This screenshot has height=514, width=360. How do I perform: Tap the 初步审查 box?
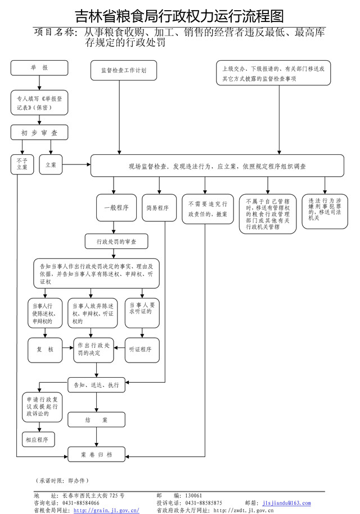tap(39, 133)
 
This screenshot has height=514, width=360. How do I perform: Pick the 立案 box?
tap(51, 164)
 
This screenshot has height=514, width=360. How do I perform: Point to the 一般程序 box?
tap(116, 208)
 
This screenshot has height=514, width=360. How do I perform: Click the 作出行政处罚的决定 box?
tap(93, 350)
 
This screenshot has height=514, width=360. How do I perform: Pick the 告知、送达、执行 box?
tap(97, 386)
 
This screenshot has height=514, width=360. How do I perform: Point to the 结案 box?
tap(97, 420)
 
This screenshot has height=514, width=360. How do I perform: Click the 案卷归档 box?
tap(97, 454)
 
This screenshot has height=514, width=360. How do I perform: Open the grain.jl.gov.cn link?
tap(106, 510)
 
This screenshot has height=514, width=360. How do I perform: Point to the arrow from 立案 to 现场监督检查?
tap(77, 165)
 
